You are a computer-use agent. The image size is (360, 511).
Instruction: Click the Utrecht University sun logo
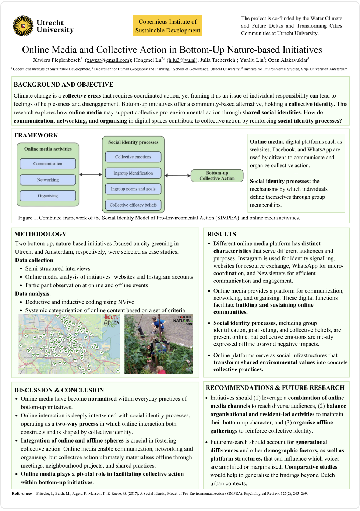coord(23,26)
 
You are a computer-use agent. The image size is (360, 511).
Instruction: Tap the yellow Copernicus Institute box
coord(167,26)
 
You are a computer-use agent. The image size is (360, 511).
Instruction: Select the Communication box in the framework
coord(48,164)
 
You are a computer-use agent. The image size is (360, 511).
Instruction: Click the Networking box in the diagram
coord(48,180)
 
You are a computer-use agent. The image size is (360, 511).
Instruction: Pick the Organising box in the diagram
coord(48,196)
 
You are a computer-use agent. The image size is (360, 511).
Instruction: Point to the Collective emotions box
coord(133,157)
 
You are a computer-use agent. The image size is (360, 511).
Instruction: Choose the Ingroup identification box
coord(133,173)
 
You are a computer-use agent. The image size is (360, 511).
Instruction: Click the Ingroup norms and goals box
coord(133,189)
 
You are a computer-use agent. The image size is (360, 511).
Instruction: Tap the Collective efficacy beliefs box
coord(133,205)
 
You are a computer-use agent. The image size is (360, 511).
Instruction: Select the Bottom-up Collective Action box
coord(217,176)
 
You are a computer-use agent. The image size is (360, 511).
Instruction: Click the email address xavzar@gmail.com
coord(108,60)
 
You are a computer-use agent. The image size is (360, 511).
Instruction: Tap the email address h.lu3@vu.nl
coord(182,60)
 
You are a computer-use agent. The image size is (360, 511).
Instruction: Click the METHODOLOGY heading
coord(40,234)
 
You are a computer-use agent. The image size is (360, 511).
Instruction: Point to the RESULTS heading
coord(222,234)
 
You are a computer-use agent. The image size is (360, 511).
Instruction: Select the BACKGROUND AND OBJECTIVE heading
coord(63,85)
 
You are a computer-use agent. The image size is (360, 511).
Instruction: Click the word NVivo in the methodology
coord(126,302)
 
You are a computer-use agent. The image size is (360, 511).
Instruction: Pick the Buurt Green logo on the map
coord(112,321)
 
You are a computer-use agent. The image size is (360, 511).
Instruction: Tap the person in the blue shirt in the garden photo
coord(159,324)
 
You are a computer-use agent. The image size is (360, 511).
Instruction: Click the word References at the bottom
coord(22,494)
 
